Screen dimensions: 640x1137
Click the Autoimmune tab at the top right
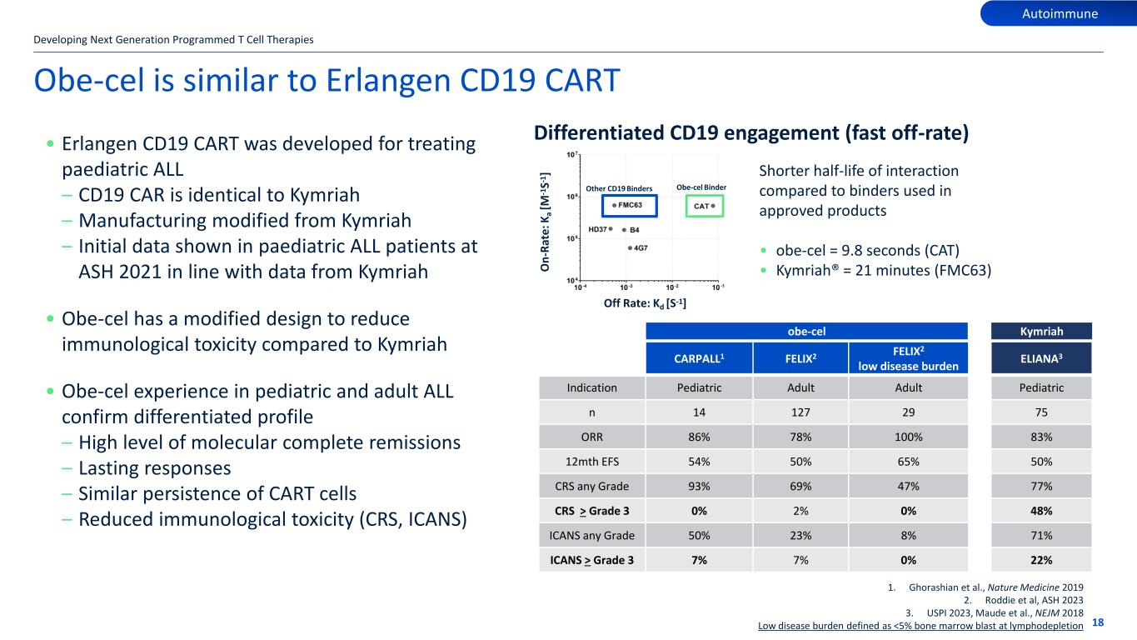point(1060,13)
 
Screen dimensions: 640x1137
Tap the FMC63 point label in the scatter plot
point(631,204)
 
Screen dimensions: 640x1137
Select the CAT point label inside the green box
point(701,204)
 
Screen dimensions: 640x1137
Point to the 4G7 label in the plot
point(641,247)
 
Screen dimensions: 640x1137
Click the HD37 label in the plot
point(597,228)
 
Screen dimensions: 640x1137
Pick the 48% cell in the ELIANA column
point(1041,511)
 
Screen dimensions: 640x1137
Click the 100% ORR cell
point(908,437)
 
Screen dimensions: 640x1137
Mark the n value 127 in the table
point(800,412)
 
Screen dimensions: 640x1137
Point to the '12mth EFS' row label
point(592,462)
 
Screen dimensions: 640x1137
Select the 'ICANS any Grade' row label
point(592,536)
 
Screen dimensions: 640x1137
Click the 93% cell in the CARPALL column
point(698,486)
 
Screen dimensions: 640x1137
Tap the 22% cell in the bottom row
point(1041,561)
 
